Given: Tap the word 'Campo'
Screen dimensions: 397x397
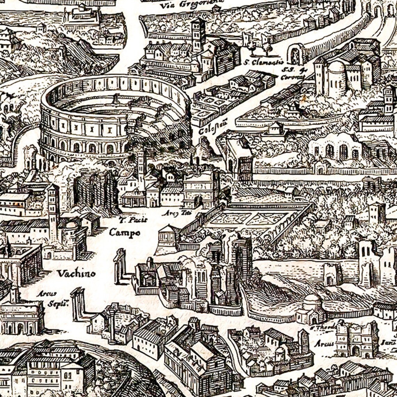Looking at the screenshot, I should point(124,232).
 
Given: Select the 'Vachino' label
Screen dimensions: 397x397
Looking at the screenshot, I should point(76,274).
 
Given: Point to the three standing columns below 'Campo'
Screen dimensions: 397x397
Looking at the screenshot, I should point(120,266).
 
